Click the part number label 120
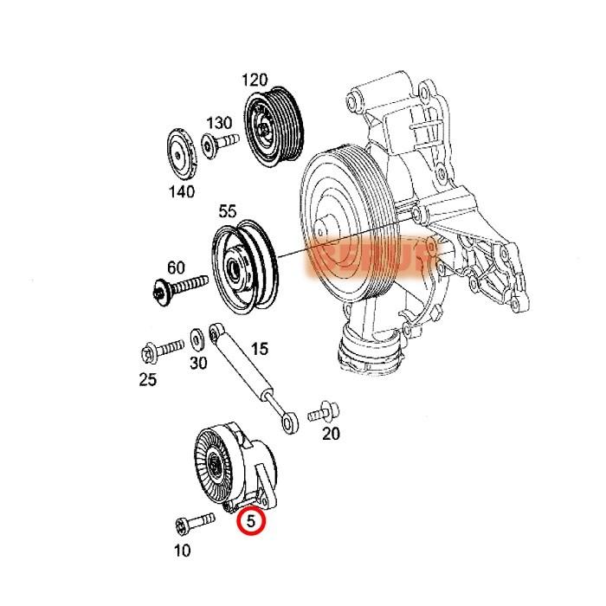255,81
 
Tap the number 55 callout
227,210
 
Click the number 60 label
176,268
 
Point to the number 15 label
259,349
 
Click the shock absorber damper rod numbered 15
252,373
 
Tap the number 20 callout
331,435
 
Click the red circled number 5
251,521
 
